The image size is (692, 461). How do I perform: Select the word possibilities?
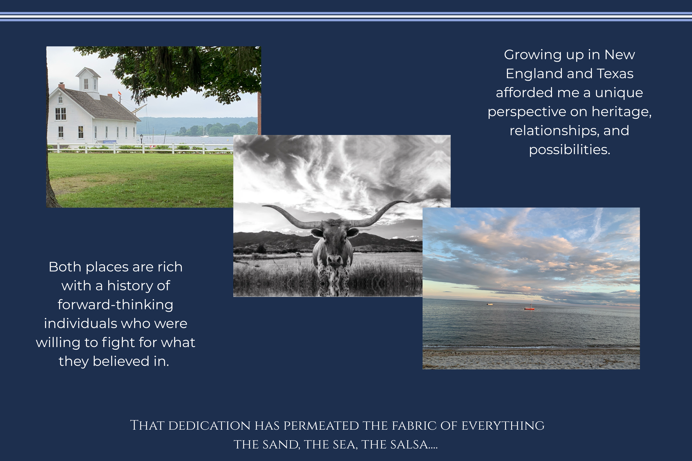click(x=570, y=150)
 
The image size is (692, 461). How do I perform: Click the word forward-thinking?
click(x=115, y=305)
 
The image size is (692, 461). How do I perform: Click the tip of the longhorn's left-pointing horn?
click(x=262, y=206)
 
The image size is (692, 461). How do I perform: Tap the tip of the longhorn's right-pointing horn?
click(x=408, y=202)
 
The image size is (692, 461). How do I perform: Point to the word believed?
click(x=121, y=361)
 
